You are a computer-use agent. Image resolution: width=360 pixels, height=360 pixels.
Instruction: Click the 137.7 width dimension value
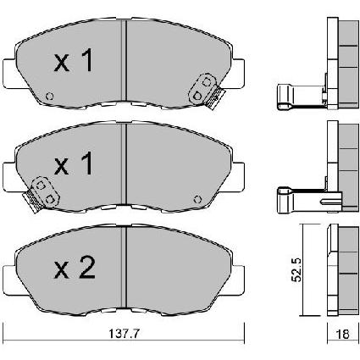(125, 335)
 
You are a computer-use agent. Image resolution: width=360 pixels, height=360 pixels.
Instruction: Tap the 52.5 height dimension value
(297, 269)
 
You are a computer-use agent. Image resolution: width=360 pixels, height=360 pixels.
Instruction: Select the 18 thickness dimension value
(343, 335)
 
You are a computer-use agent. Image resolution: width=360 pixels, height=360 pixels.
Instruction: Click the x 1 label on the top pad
(74, 60)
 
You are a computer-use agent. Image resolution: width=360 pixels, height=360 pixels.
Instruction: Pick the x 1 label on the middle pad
(74, 163)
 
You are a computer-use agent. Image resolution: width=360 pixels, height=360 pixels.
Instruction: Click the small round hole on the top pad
(50, 97)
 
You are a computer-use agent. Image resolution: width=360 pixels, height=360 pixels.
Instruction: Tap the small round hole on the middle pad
(197, 199)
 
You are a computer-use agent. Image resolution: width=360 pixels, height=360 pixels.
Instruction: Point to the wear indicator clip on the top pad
(206, 91)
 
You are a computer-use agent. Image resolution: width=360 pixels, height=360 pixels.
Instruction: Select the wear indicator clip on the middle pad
(42, 194)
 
